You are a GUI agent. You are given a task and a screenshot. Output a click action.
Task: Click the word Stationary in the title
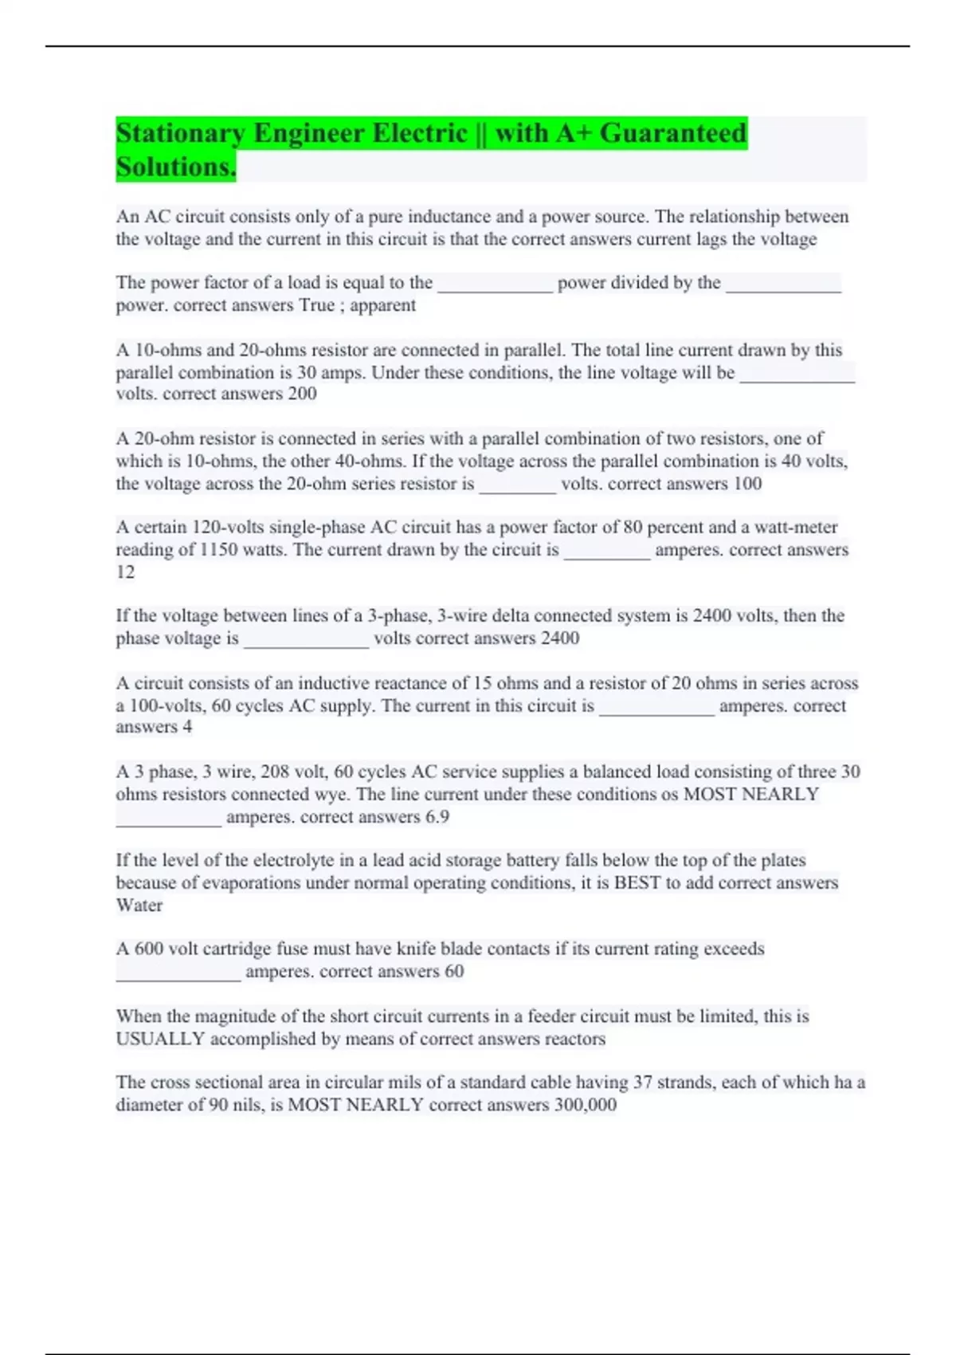180,133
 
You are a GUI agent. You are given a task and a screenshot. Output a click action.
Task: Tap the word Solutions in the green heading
175,167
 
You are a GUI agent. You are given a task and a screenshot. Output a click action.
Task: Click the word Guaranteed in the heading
672,133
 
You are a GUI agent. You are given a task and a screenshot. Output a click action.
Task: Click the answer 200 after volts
302,394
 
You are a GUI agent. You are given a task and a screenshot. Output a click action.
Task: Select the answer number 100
747,484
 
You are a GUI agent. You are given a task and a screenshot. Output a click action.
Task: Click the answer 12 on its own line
125,572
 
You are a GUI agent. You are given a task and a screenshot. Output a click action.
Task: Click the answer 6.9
437,817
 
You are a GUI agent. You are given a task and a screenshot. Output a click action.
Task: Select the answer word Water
139,905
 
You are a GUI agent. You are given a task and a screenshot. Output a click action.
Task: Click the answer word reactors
574,1039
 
